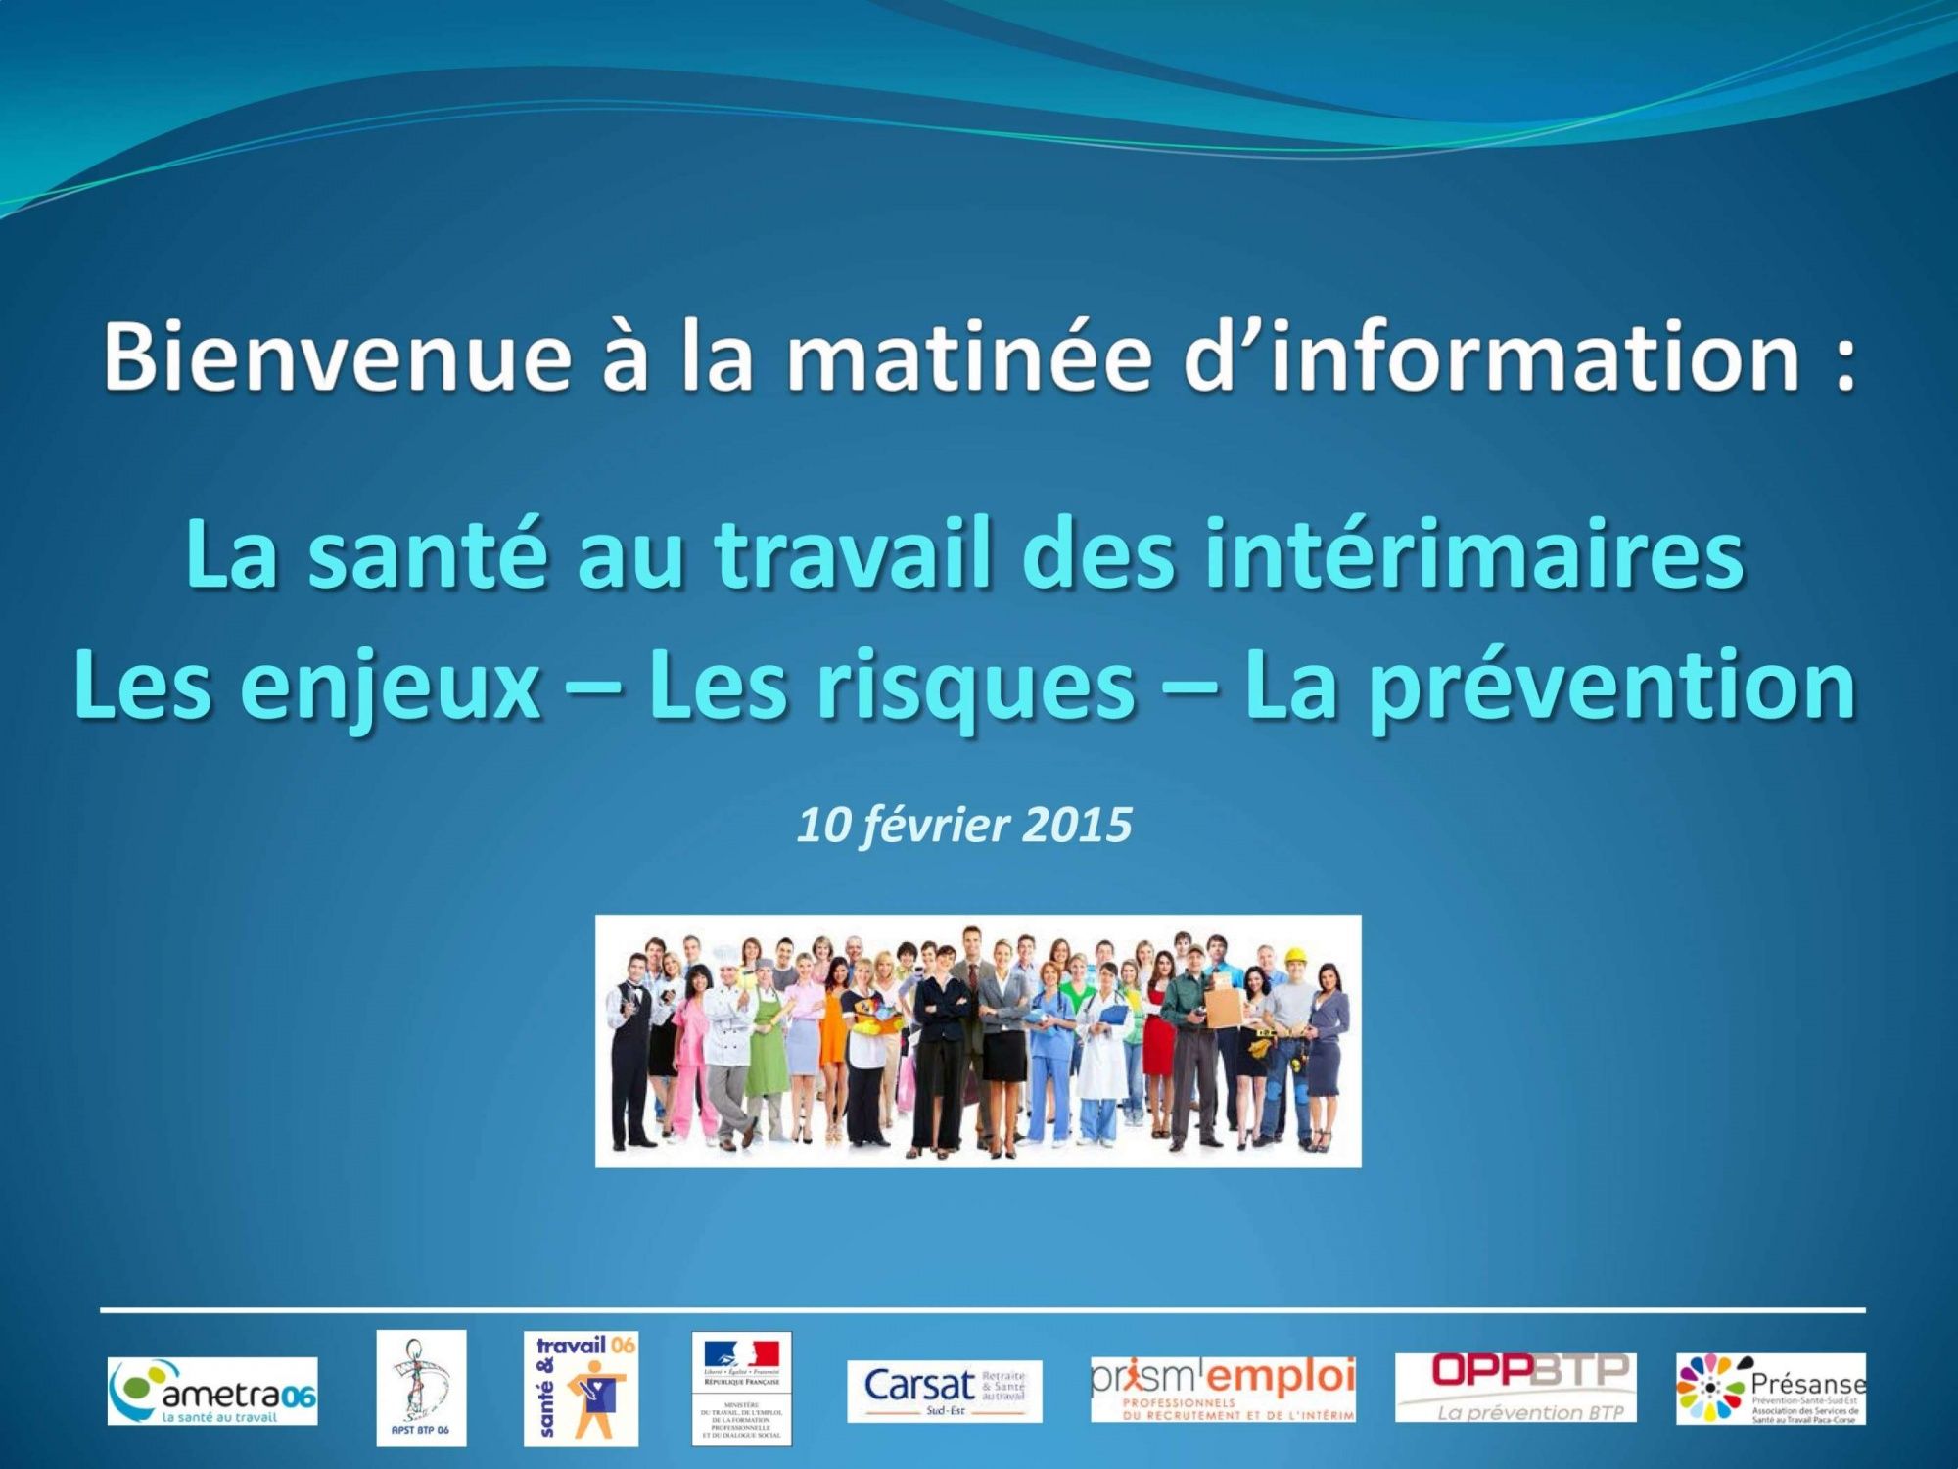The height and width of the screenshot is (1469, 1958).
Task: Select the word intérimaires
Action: tap(1474, 555)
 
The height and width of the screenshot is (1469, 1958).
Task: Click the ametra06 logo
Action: tap(212, 1391)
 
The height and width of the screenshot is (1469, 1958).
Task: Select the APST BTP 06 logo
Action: tap(421, 1388)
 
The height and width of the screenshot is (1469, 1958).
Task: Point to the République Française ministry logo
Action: tap(741, 1388)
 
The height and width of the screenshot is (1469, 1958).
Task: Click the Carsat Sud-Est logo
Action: tap(944, 1391)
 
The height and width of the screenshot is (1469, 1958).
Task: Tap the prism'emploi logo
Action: tap(1224, 1389)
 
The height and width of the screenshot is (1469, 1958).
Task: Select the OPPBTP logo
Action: tap(1515, 1388)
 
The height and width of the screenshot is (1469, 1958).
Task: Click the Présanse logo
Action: tap(1770, 1389)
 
